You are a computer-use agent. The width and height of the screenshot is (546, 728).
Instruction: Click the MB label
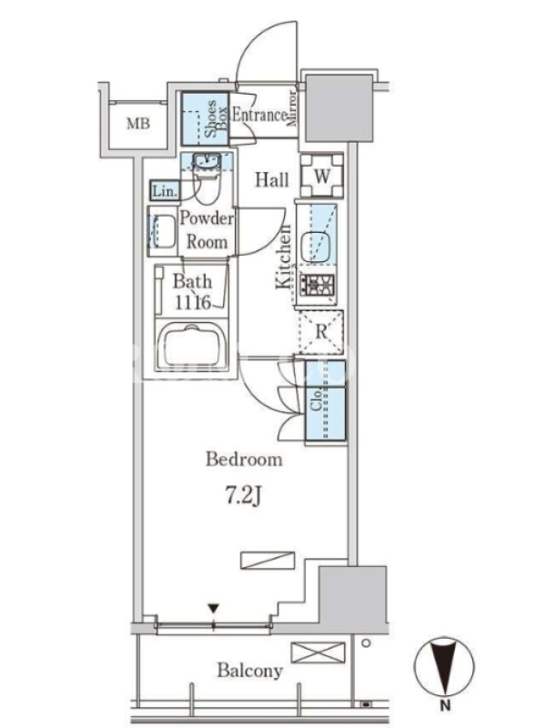[x=138, y=124]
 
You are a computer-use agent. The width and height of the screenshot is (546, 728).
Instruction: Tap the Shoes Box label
[x=216, y=119]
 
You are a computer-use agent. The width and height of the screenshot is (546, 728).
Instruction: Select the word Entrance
[x=259, y=115]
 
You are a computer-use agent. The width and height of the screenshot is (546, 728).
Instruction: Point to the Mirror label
[x=292, y=108]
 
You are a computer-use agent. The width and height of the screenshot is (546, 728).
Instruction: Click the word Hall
[x=272, y=179]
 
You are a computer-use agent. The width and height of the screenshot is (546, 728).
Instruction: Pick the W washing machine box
[x=322, y=176]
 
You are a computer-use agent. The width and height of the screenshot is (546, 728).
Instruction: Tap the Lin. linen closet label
[x=165, y=191]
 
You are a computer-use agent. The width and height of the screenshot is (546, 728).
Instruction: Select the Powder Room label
[x=207, y=230]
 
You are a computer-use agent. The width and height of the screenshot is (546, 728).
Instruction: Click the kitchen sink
[x=316, y=242]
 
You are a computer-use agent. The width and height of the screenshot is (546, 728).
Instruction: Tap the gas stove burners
[x=317, y=285]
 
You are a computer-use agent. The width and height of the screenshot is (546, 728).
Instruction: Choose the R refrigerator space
[x=321, y=332]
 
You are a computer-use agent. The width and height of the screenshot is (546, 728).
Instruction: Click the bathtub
[x=192, y=345]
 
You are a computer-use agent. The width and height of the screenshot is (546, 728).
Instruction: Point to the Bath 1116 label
[x=193, y=291]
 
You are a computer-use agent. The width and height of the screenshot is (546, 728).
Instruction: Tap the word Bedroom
[x=244, y=460]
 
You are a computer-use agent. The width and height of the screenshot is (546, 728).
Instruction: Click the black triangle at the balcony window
[x=214, y=608]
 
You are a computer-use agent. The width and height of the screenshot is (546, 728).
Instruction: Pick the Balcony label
[x=249, y=671]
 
